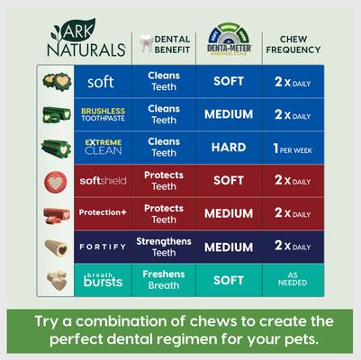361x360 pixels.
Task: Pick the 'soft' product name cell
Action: pos(101,82)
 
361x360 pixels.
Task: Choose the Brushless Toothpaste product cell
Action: pos(101,114)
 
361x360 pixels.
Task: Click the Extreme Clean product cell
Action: pos(101,147)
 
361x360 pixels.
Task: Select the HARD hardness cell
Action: pos(229,147)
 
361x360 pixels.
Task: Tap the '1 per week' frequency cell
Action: pos(293,147)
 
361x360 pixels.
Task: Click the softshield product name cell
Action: pos(101,180)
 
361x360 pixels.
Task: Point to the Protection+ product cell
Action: pos(101,213)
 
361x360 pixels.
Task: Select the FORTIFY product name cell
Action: pos(101,247)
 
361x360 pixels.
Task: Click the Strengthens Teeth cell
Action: pos(164,247)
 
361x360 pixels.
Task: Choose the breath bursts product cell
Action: pos(101,280)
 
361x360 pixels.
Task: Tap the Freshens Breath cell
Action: pos(164,280)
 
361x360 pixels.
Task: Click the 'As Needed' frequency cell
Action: pos(293,280)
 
